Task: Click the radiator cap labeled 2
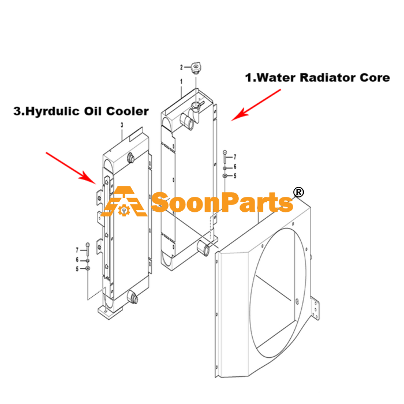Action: [x=196, y=68]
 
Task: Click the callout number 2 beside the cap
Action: [x=181, y=68]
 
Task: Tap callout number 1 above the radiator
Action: [x=181, y=82]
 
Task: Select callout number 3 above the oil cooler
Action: [x=122, y=125]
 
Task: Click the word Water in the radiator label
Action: [x=276, y=78]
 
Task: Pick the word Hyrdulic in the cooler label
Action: [x=53, y=111]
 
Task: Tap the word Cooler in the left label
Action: [x=128, y=111]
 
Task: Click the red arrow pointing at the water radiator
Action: [x=256, y=105]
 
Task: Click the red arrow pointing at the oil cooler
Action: [x=71, y=168]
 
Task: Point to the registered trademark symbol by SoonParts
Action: [x=298, y=192]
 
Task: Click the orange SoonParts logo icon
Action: [x=124, y=201]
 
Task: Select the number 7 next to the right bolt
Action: [x=235, y=157]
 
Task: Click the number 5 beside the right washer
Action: [x=235, y=176]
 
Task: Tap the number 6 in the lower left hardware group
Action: [x=77, y=260]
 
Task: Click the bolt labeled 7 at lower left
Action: [x=88, y=249]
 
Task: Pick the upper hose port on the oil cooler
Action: [x=130, y=158]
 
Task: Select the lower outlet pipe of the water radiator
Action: [x=204, y=248]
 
